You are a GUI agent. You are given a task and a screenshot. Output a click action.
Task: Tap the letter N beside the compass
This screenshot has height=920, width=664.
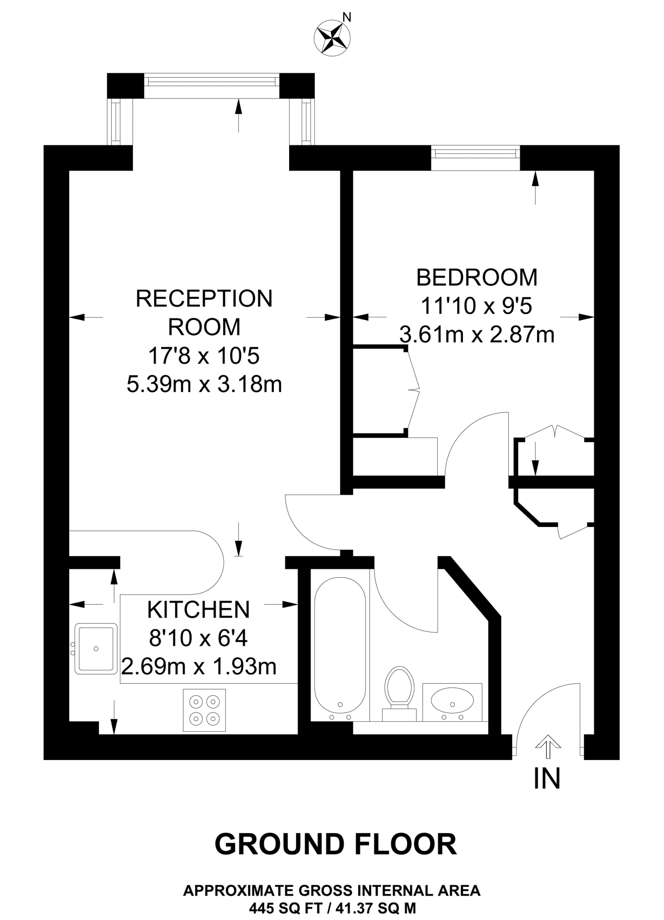coord(347,18)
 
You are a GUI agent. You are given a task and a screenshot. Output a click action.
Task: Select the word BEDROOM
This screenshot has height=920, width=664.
coord(477,278)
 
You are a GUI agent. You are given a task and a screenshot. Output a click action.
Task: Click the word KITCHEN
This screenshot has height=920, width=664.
coord(198,610)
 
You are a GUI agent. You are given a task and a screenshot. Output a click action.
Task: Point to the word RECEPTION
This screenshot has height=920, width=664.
coord(204,299)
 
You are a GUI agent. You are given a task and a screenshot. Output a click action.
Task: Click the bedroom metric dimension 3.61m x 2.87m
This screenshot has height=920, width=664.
coord(477,335)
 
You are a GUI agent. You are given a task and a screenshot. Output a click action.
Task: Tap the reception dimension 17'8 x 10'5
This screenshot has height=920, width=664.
coord(204,356)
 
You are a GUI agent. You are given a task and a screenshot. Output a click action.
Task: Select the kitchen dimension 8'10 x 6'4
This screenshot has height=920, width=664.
coord(198,638)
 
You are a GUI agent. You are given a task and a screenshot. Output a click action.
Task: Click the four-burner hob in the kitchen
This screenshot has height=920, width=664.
coord(204,710)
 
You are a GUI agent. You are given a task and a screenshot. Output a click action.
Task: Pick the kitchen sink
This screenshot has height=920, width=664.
coord(96,648)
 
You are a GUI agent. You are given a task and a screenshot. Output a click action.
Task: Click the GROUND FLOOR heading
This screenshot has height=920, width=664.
coord(336,844)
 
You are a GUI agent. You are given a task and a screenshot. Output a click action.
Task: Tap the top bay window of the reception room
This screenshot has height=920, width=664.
coord(211,81)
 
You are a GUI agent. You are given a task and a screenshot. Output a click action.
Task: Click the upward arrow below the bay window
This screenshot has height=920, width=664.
coord(238,115)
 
